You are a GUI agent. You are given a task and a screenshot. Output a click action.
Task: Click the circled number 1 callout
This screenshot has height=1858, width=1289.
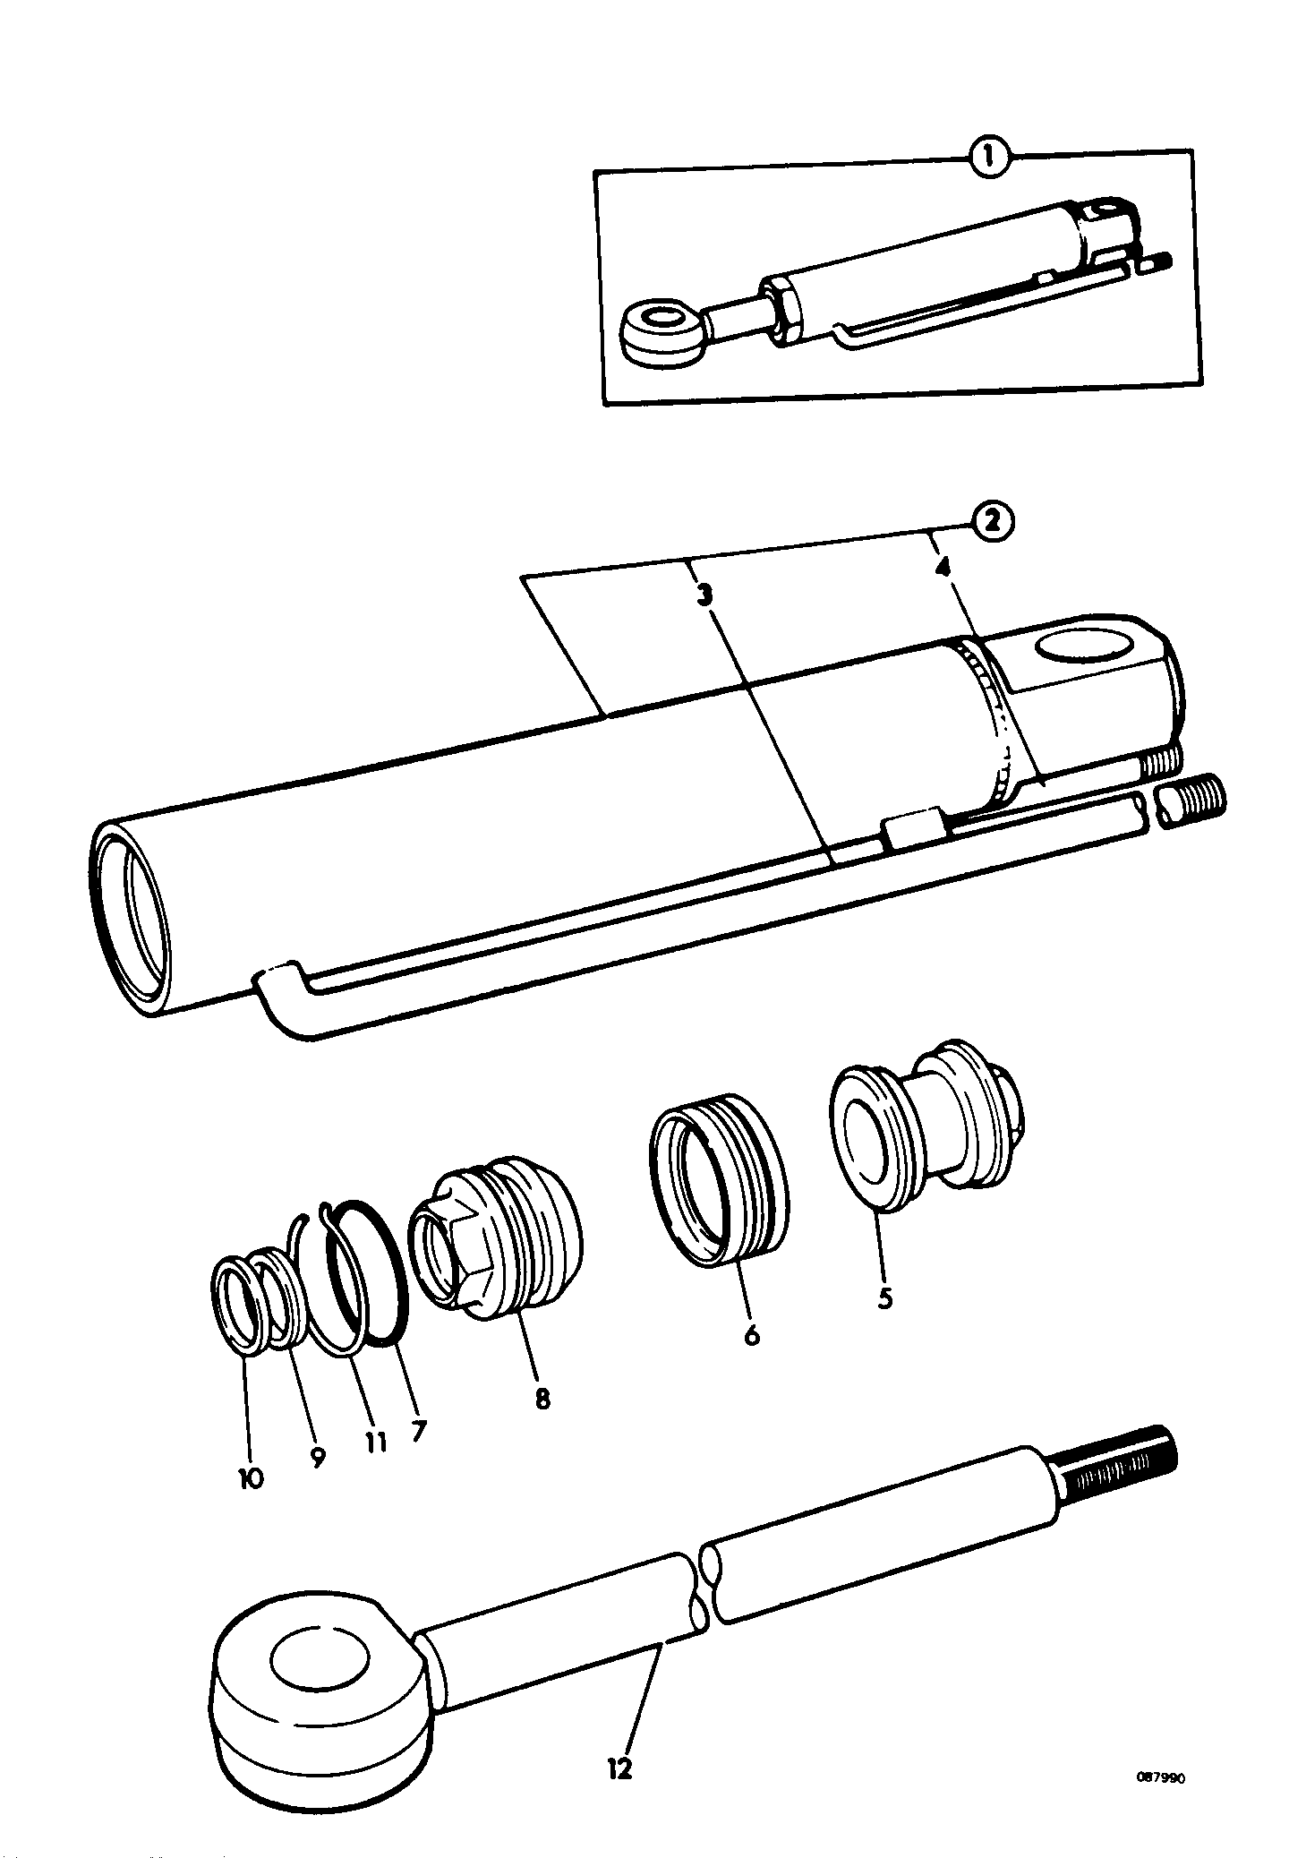point(988,160)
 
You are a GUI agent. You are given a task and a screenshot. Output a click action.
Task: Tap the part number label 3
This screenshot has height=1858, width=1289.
point(706,595)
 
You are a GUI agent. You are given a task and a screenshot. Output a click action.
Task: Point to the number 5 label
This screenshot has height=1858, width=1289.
point(884,1297)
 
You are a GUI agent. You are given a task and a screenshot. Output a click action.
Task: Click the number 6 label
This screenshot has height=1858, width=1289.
point(751,1358)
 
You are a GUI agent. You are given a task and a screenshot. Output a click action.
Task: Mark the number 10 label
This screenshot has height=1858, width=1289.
point(250,1477)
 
